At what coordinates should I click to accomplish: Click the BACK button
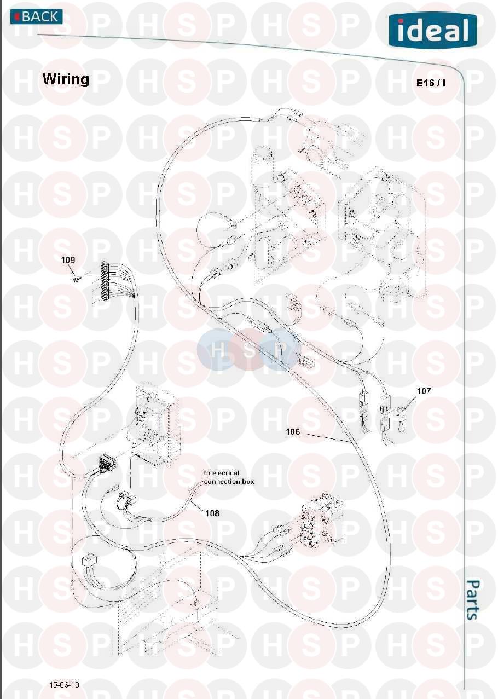pyautogui.click(x=37, y=16)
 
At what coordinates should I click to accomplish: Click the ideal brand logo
pyautogui.click(x=433, y=30)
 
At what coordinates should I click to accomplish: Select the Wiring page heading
pyautogui.click(x=66, y=79)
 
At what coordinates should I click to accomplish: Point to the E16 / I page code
pyautogui.click(x=431, y=83)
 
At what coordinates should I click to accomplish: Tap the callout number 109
pyautogui.click(x=68, y=260)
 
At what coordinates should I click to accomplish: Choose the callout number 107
pyautogui.click(x=424, y=391)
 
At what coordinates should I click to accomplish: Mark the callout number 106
pyautogui.click(x=293, y=431)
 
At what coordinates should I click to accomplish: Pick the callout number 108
pyautogui.click(x=212, y=513)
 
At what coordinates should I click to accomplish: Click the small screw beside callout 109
pyautogui.click(x=76, y=280)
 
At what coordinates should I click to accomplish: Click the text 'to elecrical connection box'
pyautogui.click(x=229, y=477)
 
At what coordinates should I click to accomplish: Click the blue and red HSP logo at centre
pyautogui.click(x=246, y=350)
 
